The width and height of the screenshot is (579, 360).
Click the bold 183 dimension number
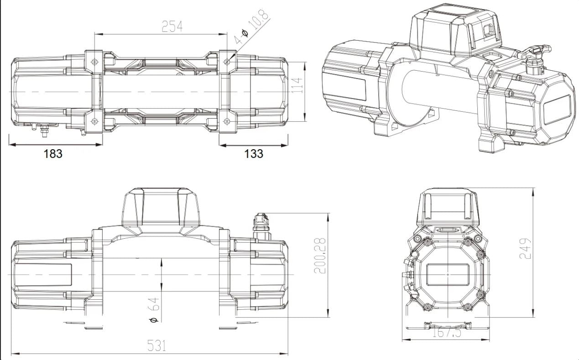[53, 154]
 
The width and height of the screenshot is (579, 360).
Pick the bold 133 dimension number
[254, 154]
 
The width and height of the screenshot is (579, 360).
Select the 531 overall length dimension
[156, 345]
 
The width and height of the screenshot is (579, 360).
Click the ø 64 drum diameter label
[155, 309]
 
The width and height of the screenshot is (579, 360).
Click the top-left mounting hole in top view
[94, 62]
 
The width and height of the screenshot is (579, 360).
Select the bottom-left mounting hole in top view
[94, 121]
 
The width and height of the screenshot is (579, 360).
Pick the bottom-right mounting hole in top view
[227, 121]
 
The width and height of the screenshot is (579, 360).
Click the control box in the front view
[161, 208]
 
